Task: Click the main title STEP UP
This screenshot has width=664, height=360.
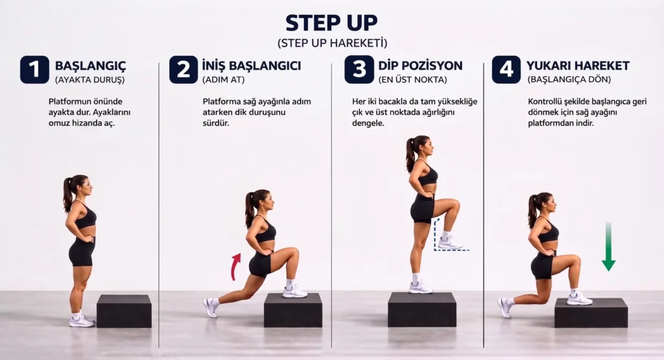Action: [331, 22]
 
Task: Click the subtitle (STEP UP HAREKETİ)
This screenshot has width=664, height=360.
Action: [331, 43]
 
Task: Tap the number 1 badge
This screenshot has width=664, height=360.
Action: [34, 69]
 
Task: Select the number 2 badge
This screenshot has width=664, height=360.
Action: [184, 69]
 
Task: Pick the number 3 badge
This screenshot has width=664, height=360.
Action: [359, 69]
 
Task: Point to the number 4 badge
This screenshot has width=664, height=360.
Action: [506, 69]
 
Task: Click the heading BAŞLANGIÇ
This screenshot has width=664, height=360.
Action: [90, 66]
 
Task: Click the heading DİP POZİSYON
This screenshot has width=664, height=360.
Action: [420, 66]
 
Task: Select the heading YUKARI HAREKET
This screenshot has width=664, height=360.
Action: [578, 66]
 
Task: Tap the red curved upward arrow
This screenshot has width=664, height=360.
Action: [236, 266]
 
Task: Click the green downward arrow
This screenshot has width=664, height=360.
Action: [608, 246]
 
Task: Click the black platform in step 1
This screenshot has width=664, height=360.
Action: [124, 311]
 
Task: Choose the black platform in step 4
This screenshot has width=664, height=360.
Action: [591, 313]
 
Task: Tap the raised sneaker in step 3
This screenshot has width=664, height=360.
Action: [449, 243]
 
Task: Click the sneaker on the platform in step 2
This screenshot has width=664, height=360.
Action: [294, 292]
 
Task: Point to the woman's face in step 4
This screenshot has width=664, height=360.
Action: [546, 206]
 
